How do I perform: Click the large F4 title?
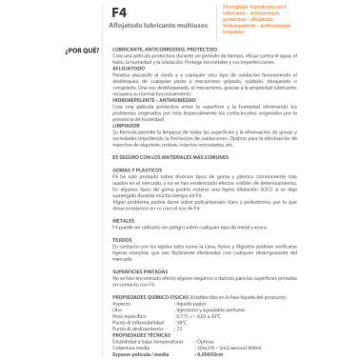click(x=124, y=14)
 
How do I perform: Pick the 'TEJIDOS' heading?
click(x=124, y=266)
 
